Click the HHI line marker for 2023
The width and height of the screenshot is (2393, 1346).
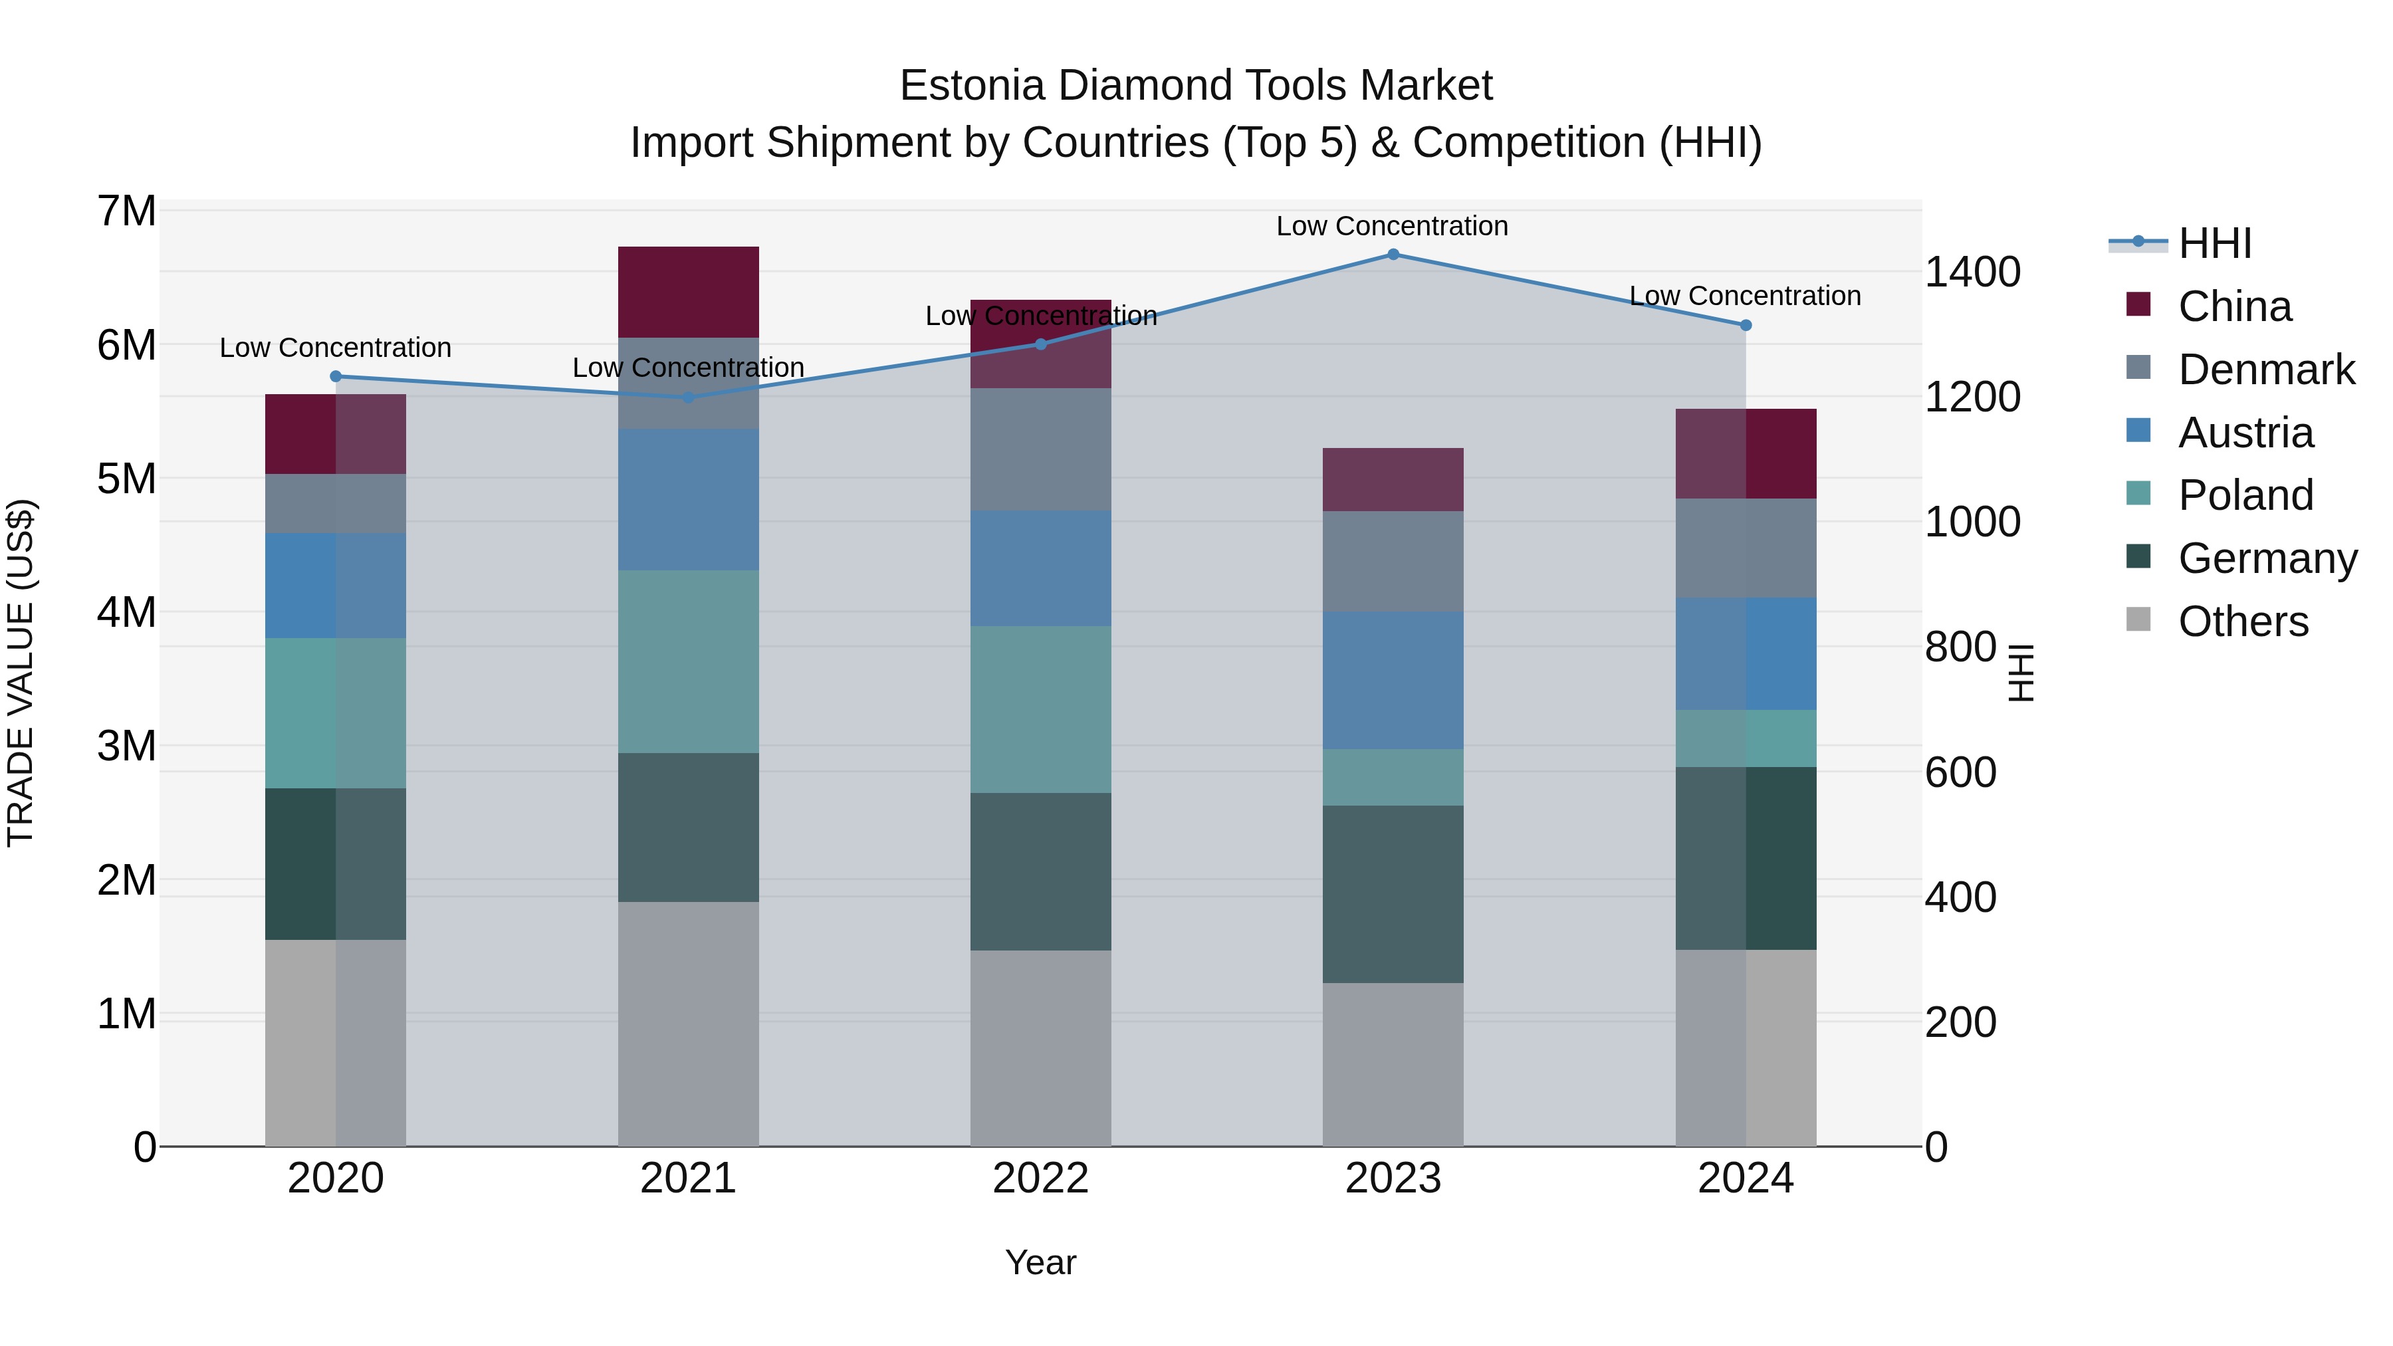[1393, 255]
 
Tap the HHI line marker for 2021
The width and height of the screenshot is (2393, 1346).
[689, 397]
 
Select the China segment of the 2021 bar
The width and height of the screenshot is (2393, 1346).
[689, 292]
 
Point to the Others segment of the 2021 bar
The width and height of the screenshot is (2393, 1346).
[689, 1024]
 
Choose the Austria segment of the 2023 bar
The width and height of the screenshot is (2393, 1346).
[1393, 680]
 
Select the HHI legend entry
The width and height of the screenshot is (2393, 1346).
[2215, 243]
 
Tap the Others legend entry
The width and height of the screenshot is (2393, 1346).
[2243, 621]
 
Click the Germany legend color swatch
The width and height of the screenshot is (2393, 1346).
[2138, 558]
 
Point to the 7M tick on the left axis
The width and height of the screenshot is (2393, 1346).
[127, 211]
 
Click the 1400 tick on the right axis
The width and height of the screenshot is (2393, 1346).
[1972, 272]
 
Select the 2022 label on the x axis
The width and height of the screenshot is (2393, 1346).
[1040, 1178]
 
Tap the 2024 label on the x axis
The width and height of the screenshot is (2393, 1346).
[1746, 1178]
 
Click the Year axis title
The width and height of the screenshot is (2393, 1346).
[1040, 1262]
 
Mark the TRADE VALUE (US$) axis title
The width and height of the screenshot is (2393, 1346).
[21, 673]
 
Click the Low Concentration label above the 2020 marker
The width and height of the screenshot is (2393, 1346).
[336, 348]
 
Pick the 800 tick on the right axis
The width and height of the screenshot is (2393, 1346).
[1960, 647]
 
